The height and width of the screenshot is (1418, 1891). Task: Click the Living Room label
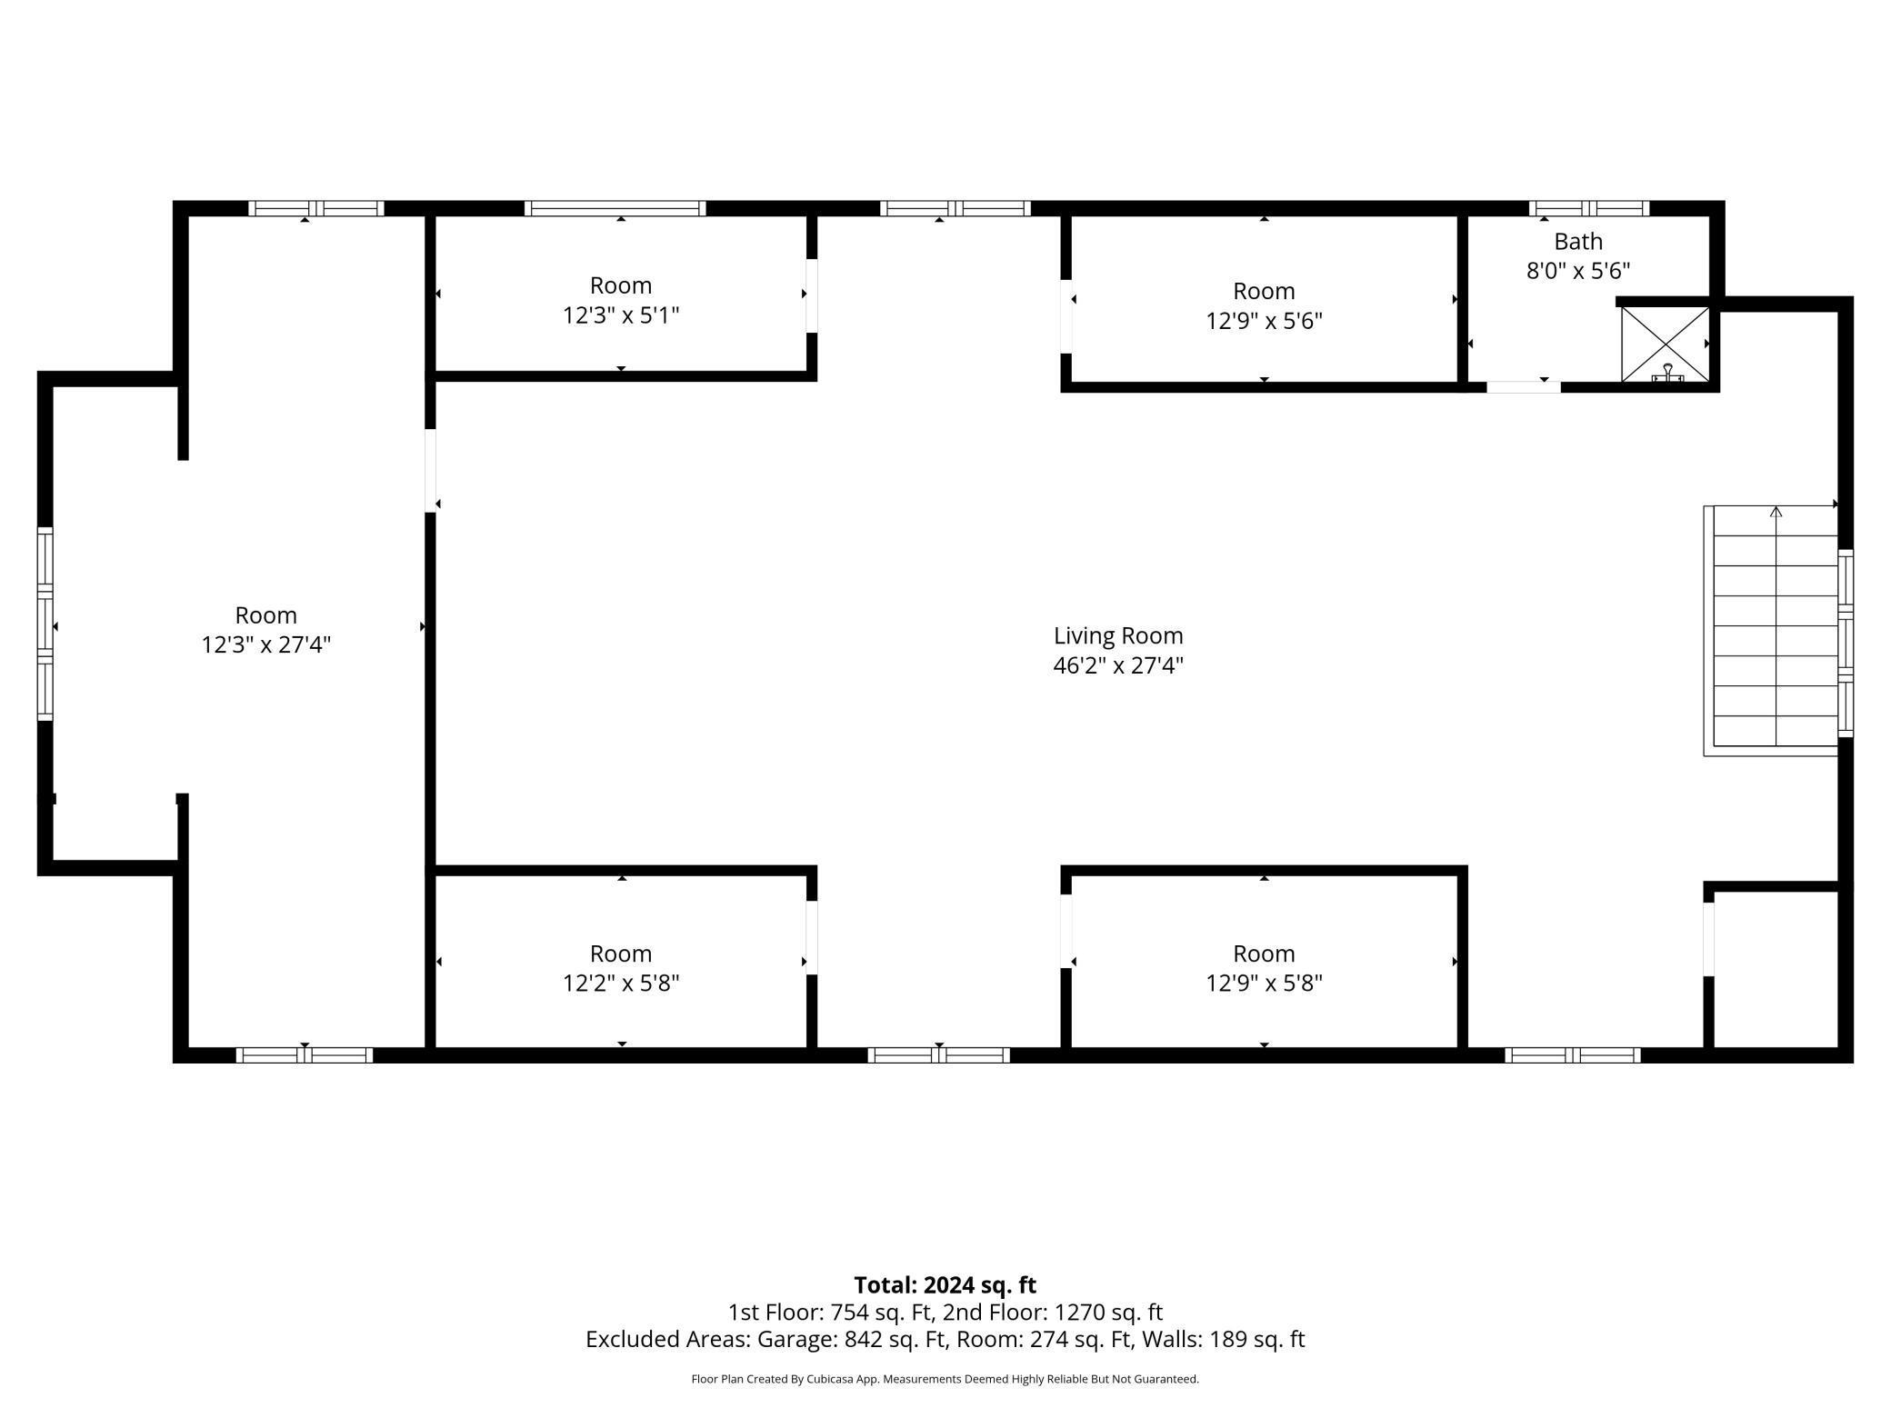pos(1118,635)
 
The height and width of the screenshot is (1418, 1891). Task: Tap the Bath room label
pos(1578,242)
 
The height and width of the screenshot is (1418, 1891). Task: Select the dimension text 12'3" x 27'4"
pos(265,644)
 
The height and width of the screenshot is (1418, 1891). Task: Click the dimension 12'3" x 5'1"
pos(621,315)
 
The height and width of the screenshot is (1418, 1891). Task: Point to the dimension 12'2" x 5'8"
pos(621,983)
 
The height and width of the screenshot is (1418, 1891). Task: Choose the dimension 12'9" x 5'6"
pos(1264,321)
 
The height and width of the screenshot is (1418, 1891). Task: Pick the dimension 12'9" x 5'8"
pos(1264,983)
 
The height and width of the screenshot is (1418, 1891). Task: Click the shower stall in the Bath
pos(1666,345)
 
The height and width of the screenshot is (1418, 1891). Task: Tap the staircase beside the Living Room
pos(1771,630)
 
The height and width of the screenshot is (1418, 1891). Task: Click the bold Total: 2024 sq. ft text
pos(945,1285)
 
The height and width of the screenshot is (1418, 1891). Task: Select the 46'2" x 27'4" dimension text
pos(1118,665)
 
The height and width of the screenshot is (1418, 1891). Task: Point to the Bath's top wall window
pos(1588,208)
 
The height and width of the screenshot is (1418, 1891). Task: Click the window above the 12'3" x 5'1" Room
pos(615,208)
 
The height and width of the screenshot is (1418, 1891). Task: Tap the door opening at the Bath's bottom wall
pos(1524,387)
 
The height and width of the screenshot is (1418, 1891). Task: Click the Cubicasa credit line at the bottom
pos(945,1379)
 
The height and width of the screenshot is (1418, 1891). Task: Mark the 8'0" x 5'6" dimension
pos(1578,271)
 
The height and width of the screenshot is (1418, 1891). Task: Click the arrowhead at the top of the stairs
pos(1776,512)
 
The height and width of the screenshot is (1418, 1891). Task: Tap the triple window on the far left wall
pos(45,624)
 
